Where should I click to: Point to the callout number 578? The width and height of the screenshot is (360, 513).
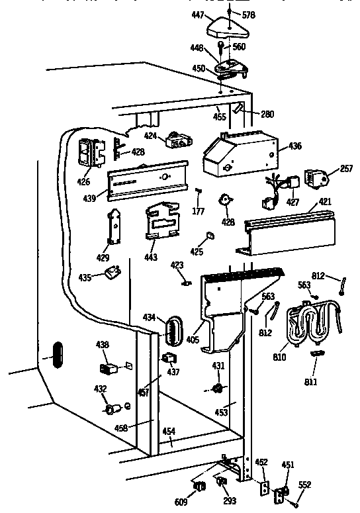(x=249, y=14)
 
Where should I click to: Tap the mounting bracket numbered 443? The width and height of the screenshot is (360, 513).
(x=162, y=220)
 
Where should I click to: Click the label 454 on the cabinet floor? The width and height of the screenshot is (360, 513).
(x=170, y=432)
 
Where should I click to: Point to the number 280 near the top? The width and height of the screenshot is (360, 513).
(x=267, y=115)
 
